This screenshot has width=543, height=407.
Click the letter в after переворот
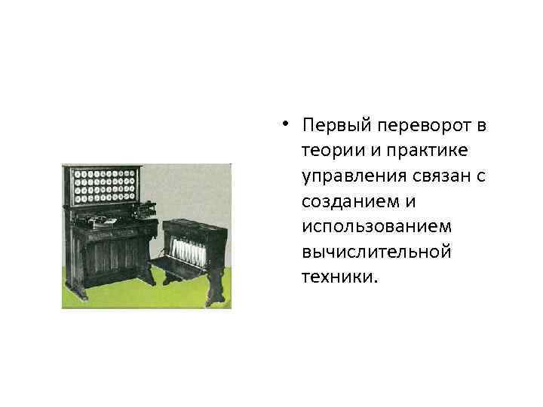click(x=480, y=124)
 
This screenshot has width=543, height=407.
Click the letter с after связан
click(x=480, y=176)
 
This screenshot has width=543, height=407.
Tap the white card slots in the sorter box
click(x=183, y=249)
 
